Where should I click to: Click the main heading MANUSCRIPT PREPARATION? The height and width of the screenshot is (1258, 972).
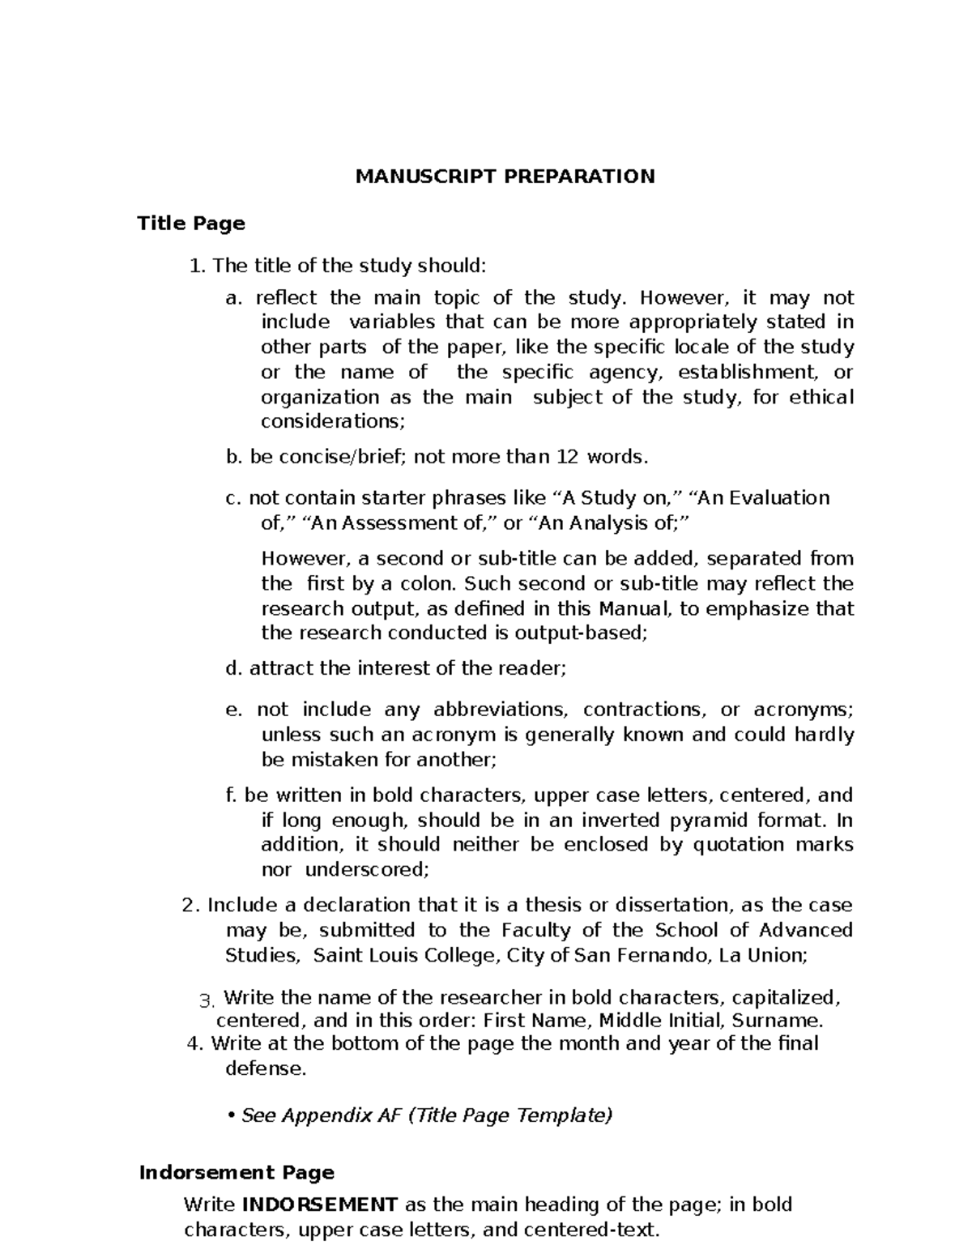point(505,177)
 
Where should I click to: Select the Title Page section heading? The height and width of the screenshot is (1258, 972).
point(191,223)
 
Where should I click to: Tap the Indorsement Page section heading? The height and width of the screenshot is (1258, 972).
point(237,1172)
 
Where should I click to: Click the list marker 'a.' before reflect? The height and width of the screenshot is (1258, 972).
point(233,298)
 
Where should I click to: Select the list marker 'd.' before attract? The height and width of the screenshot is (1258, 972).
point(234,668)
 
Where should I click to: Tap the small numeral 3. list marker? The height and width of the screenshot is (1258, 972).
point(205,1000)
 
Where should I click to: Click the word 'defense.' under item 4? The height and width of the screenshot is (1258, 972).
point(266,1068)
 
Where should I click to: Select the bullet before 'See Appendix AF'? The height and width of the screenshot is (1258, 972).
point(232,1116)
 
